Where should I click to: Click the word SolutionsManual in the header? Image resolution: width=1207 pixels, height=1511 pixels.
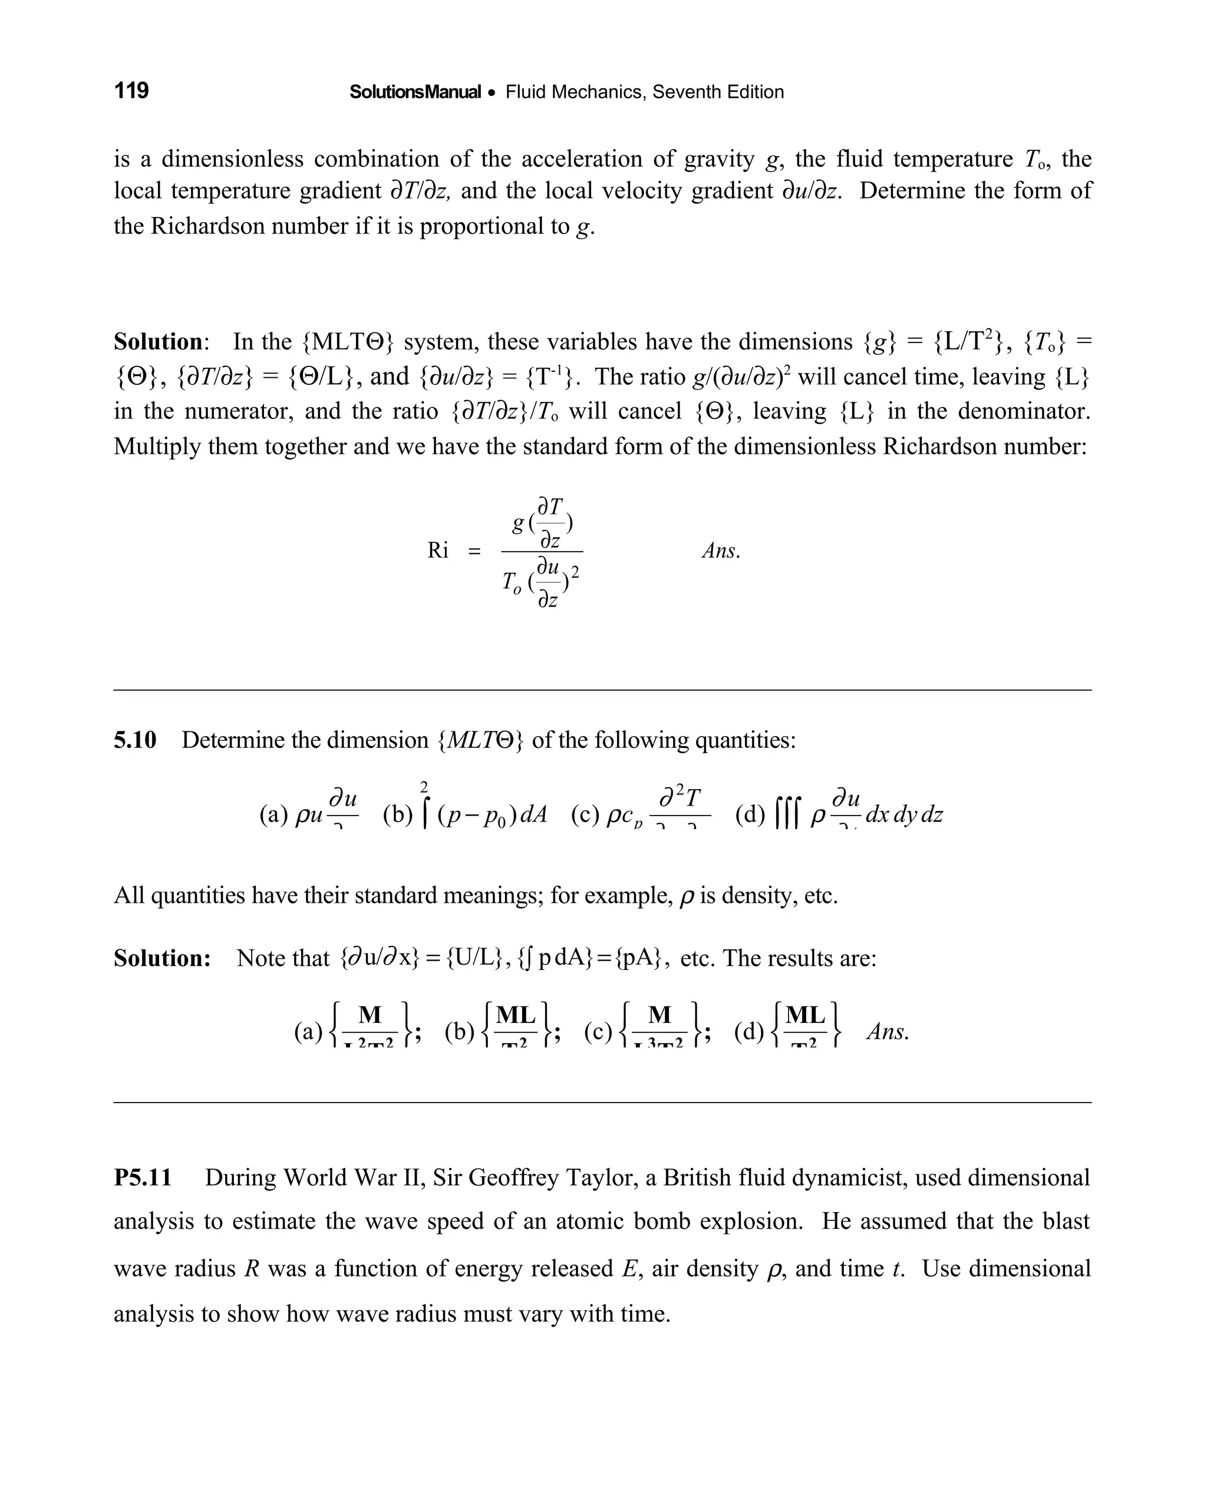[x=415, y=92]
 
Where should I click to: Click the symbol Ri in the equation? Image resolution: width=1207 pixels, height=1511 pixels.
[x=438, y=551]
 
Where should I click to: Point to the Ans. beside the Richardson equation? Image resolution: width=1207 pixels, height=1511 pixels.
[x=721, y=551]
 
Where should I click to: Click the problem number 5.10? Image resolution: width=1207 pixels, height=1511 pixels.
[x=136, y=740]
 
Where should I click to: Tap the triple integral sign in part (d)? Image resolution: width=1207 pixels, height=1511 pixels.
[x=789, y=814]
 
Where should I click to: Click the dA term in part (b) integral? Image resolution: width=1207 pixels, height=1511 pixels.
[x=533, y=814]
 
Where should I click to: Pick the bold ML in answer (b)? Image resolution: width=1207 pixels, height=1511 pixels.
[x=516, y=1015]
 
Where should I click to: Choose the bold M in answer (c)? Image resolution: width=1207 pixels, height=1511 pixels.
[x=659, y=1015]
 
